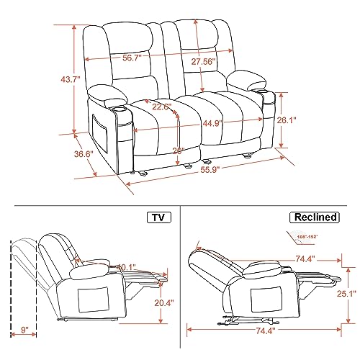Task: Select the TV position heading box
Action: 158,217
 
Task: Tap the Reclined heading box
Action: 316,217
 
